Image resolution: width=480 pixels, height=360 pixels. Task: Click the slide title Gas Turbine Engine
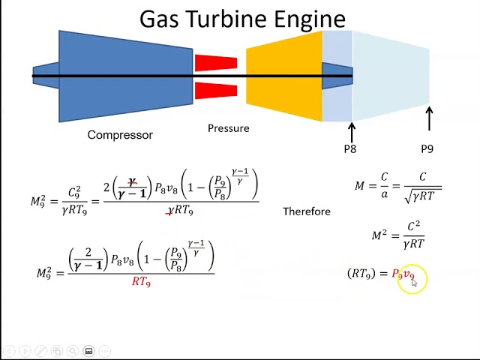pyautogui.click(x=242, y=18)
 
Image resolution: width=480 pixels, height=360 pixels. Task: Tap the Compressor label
pyautogui.click(x=120, y=135)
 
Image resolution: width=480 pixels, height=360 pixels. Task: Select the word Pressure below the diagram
pyautogui.click(x=228, y=128)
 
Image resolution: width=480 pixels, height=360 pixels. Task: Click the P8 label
pyautogui.click(x=350, y=148)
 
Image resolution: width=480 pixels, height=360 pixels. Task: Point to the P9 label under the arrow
pyautogui.click(x=427, y=148)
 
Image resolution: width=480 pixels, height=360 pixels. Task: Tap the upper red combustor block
pyautogui.click(x=215, y=62)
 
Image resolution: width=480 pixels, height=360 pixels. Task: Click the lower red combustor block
pyautogui.click(x=215, y=91)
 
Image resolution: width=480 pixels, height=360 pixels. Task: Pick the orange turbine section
pyautogui.click(x=283, y=75)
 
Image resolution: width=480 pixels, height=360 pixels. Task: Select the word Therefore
pyautogui.click(x=306, y=211)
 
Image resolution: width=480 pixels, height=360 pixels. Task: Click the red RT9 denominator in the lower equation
pyautogui.click(x=141, y=282)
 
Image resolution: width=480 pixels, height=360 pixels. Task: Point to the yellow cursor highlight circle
pyautogui.click(x=412, y=279)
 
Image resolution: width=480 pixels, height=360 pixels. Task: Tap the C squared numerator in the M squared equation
pyautogui.click(x=413, y=226)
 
